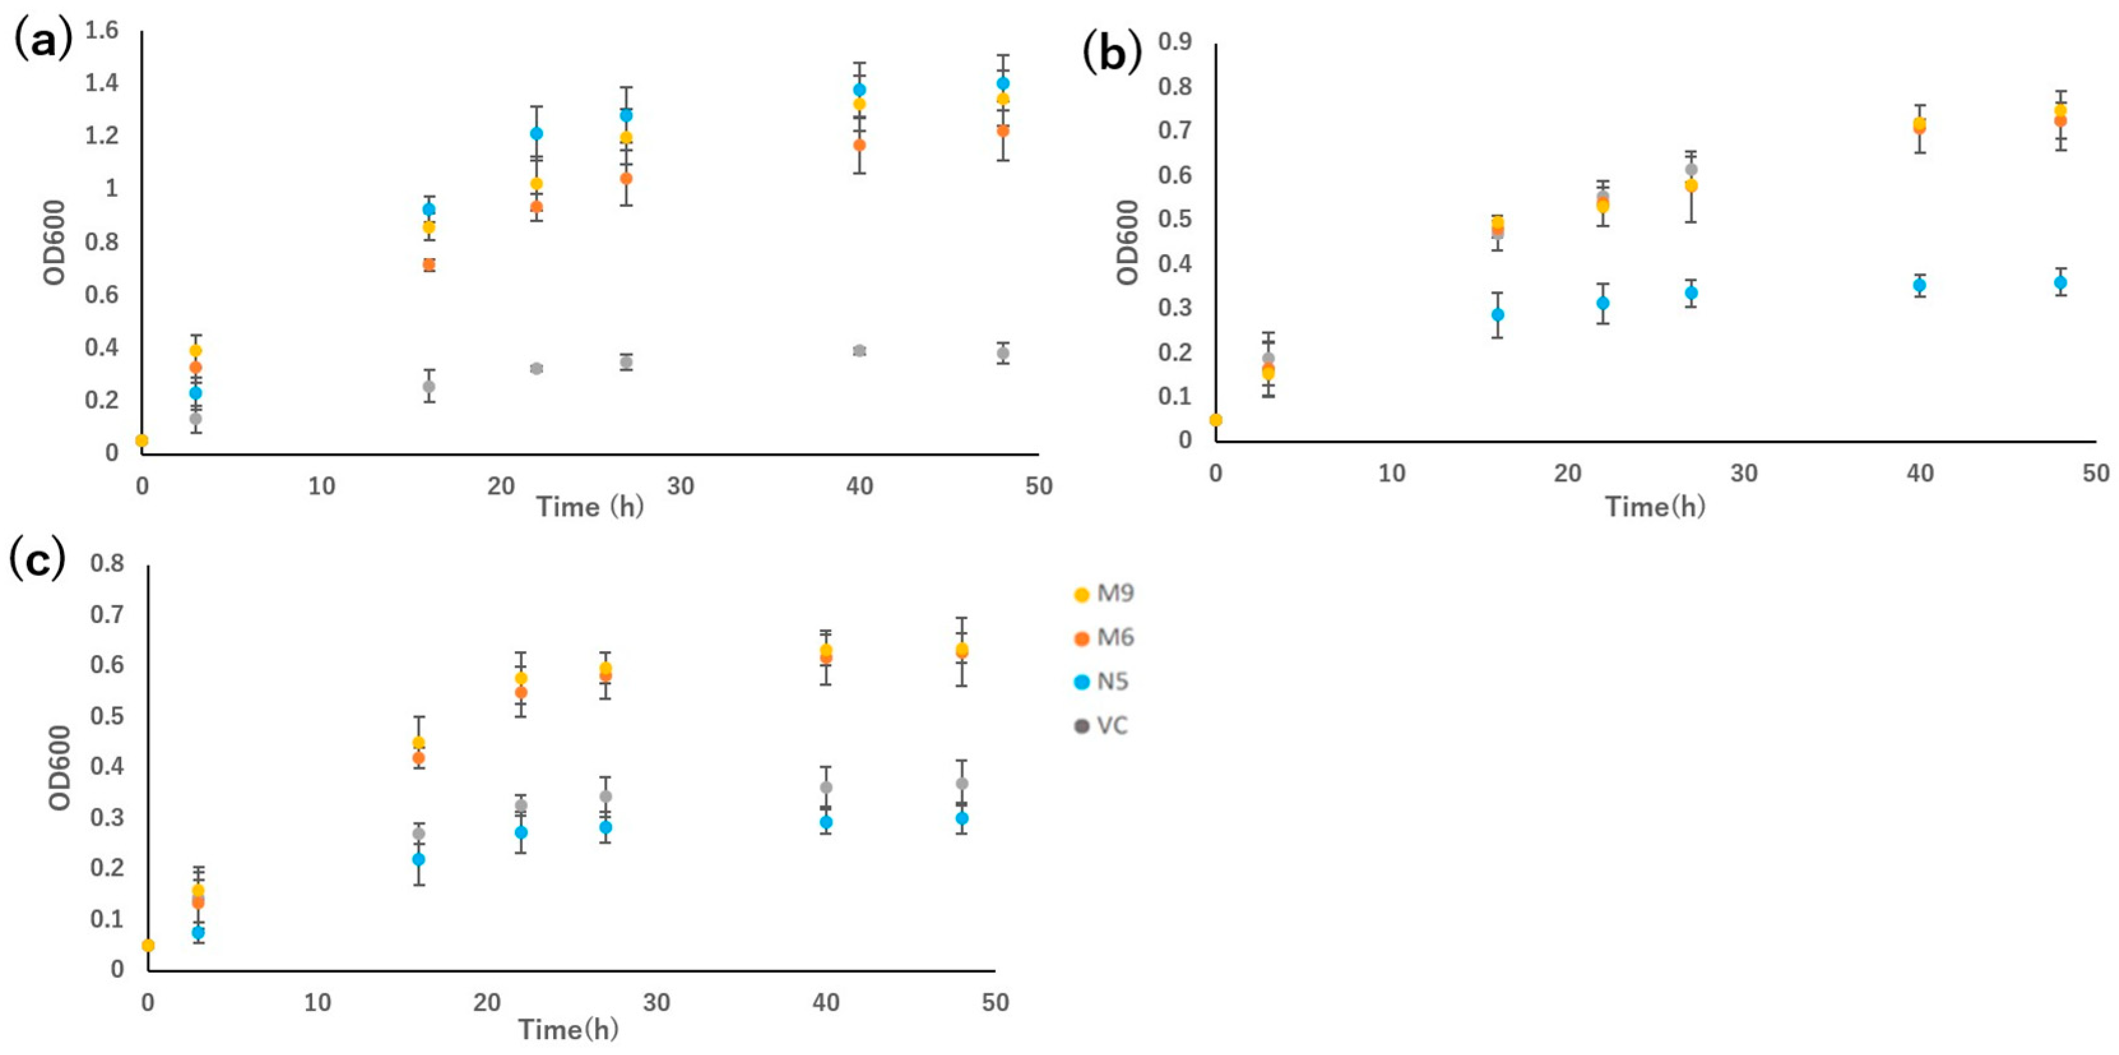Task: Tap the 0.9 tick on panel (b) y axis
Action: click(1175, 42)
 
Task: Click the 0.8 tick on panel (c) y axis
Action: click(108, 564)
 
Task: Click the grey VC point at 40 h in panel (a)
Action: click(860, 351)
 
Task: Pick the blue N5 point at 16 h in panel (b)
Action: click(1498, 314)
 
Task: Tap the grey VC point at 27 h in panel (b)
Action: click(1691, 169)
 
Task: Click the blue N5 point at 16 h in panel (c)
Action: click(419, 859)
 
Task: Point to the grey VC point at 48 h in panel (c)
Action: click(962, 784)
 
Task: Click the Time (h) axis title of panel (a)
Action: click(589, 506)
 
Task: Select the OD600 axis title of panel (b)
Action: click(1129, 243)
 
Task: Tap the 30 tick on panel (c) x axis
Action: click(656, 1002)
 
